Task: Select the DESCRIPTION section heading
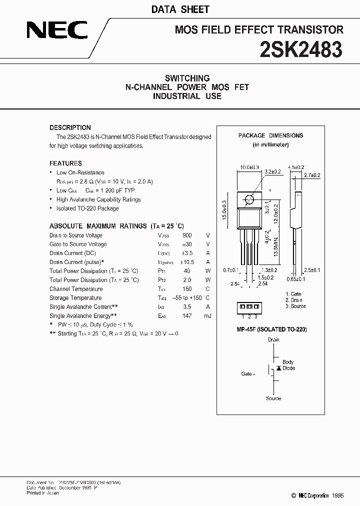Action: (70, 127)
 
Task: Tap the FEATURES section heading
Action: (65, 163)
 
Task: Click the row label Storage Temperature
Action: (75, 298)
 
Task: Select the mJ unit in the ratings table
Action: (207, 316)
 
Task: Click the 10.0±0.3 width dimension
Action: (250, 167)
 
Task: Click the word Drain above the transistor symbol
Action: (273, 340)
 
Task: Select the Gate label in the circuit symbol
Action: (247, 374)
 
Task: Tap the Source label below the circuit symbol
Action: (273, 398)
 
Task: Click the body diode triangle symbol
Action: (278, 368)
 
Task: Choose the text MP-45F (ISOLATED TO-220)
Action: (271, 329)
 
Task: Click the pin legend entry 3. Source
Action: (295, 306)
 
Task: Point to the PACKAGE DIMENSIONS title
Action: (270, 135)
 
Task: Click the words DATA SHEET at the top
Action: (187, 9)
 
